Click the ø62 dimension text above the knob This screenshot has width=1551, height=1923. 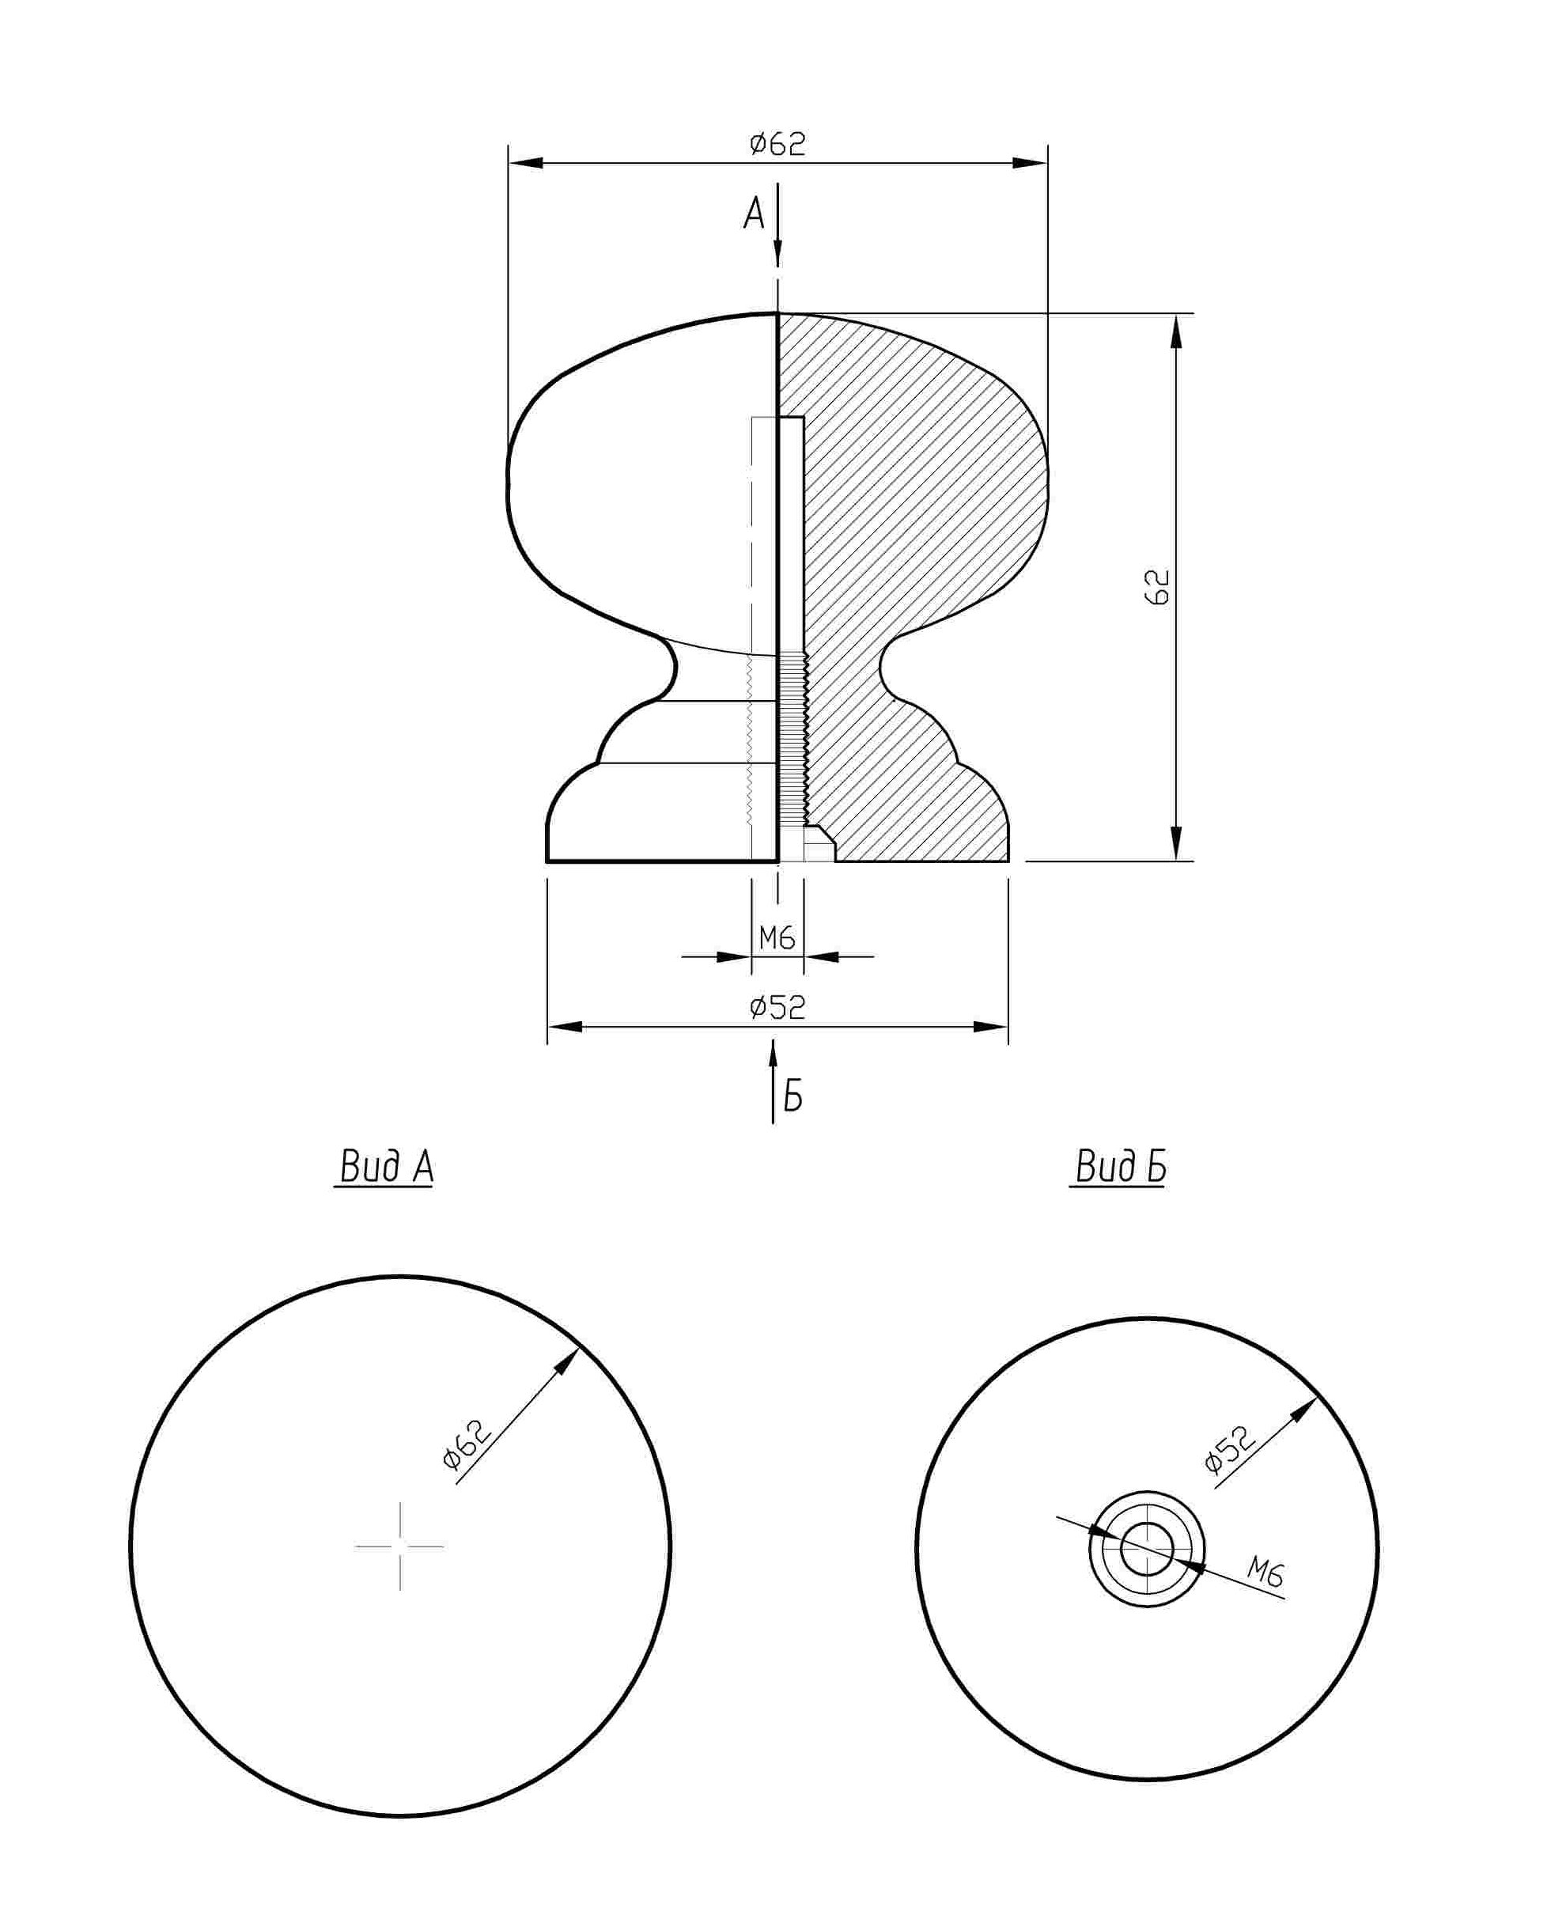(x=777, y=144)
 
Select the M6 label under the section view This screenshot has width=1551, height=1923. (x=777, y=937)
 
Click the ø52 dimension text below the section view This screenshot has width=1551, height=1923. (x=777, y=1007)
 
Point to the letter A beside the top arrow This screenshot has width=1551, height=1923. (x=754, y=214)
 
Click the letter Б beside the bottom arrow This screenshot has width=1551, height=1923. (x=793, y=1096)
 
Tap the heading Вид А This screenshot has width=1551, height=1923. (x=386, y=1166)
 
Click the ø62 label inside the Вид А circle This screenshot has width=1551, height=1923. (x=467, y=1445)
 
